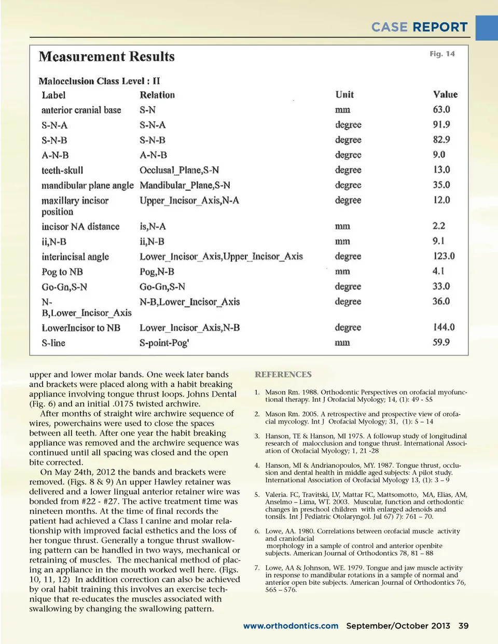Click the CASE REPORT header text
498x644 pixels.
[419, 27]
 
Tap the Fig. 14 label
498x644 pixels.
[442, 54]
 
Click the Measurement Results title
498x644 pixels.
[106, 57]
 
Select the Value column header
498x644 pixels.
[445, 94]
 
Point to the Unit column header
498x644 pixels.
[344, 94]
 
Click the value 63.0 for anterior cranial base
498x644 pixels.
[441, 109]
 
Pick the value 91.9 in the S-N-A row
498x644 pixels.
[441, 124]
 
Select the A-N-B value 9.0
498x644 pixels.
[439, 155]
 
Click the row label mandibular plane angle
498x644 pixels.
[87, 185]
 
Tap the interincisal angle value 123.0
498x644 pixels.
[444, 256]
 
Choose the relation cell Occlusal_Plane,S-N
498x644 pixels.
[179, 170]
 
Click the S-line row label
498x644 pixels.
[53, 343]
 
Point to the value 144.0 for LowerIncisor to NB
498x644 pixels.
[444, 327]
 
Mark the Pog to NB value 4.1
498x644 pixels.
[438, 271]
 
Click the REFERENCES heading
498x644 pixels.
[283, 374]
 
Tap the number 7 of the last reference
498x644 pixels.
[257, 568]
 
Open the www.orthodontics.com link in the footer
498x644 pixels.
[290, 626]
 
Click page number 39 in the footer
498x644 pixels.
[463, 626]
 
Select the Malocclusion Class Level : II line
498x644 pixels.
[99, 81]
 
